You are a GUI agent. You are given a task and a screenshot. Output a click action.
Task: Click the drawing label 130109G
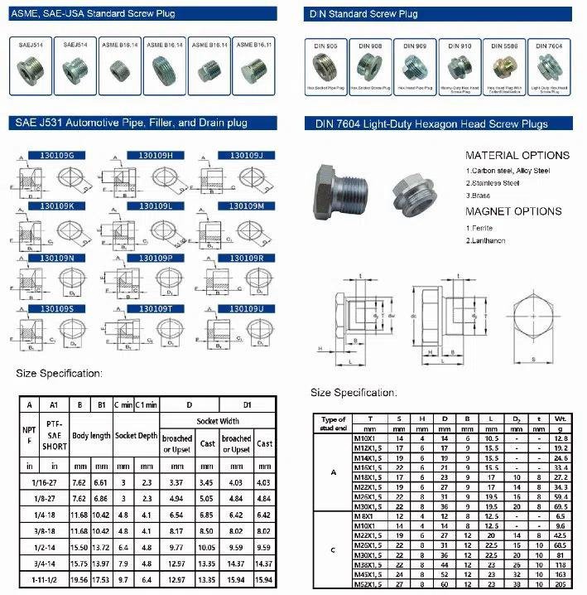52,154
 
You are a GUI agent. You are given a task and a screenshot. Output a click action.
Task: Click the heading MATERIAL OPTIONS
517,155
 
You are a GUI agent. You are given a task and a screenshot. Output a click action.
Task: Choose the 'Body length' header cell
91,434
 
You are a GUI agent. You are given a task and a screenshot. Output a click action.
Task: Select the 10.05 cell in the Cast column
208,548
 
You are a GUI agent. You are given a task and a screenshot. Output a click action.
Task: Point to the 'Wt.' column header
561,419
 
